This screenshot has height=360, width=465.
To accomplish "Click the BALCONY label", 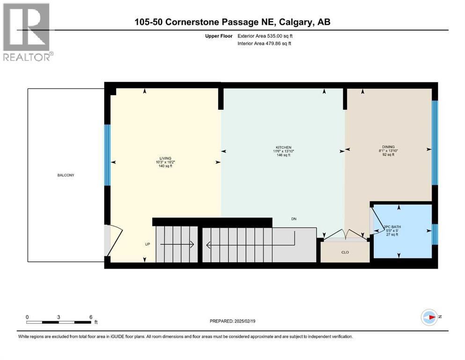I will (66, 175).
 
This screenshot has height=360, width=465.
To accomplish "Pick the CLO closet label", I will (345, 252).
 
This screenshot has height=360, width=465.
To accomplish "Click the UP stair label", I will (148, 244).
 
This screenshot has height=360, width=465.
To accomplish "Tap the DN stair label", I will (294, 219).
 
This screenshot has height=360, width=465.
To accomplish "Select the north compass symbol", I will (429, 317).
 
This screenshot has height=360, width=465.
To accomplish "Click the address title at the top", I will (232, 22).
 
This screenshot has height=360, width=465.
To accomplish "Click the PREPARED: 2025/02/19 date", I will (233, 321).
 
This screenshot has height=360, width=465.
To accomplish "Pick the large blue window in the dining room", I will (434, 143).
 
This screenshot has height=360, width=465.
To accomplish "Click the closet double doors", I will (345, 235).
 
